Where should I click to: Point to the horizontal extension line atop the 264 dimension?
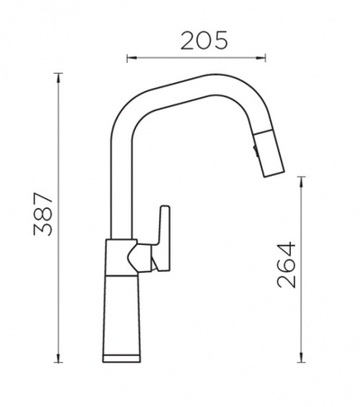coord(300,173)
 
